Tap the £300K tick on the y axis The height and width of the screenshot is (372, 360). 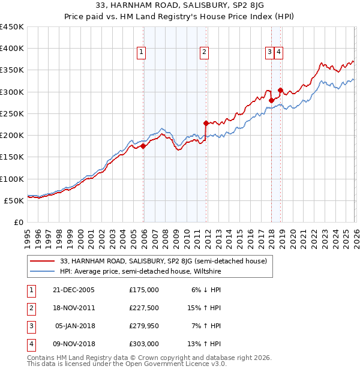(x=12, y=92)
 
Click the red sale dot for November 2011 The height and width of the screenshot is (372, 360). (x=206, y=123)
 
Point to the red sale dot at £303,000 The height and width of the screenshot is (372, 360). (x=280, y=90)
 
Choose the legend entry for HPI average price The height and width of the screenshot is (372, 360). (x=140, y=271)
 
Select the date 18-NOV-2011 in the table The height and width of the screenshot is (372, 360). (x=73, y=307)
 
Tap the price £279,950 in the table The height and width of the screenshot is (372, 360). (x=143, y=326)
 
